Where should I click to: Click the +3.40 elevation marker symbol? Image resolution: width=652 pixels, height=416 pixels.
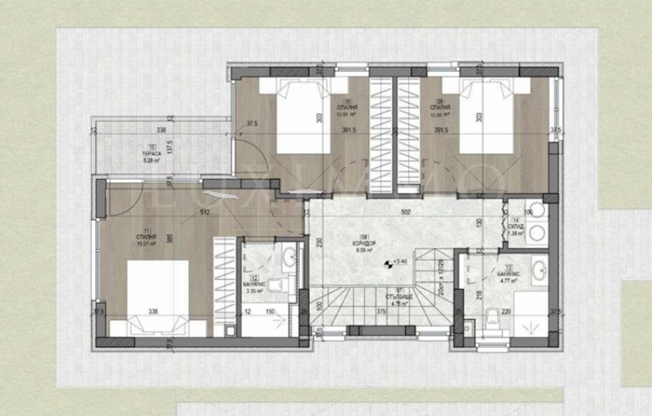(x=386, y=262)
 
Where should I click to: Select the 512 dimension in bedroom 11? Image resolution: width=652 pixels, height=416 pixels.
(x=205, y=212)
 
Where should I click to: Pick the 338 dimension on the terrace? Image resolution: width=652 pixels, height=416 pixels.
(x=161, y=130)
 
